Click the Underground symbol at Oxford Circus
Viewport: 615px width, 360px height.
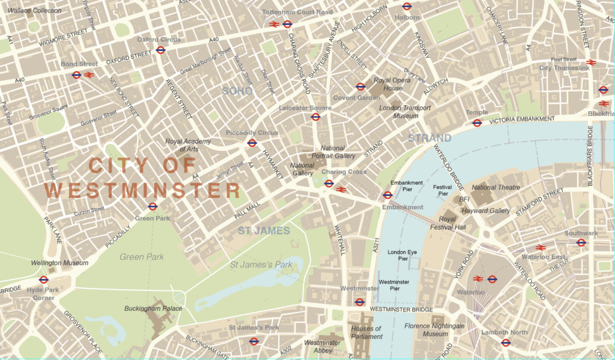click(160, 50)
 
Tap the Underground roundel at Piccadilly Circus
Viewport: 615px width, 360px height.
click(252, 143)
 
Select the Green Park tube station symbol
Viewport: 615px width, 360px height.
click(153, 207)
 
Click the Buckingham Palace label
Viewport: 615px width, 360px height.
click(153, 308)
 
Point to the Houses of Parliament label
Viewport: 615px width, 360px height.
click(366, 332)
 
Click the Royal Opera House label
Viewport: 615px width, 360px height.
click(389, 84)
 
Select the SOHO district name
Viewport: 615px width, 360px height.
click(237, 91)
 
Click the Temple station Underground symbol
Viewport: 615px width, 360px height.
click(477, 123)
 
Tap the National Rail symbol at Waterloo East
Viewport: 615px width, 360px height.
click(540, 248)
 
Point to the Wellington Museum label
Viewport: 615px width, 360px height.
click(59, 263)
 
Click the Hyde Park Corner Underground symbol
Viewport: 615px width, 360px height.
click(43, 279)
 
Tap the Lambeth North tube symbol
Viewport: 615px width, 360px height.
click(506, 343)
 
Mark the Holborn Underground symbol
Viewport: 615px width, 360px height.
click(407, 7)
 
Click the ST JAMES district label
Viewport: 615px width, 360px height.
click(264, 231)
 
